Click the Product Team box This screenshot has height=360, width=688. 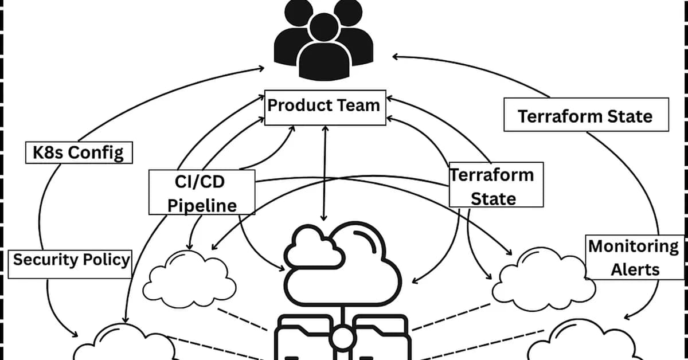tap(325, 107)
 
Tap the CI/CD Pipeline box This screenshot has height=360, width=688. tap(202, 193)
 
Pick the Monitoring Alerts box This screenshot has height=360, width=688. tap(635, 257)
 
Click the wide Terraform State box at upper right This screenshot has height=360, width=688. tap(585, 115)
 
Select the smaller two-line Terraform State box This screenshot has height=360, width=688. tap(495, 186)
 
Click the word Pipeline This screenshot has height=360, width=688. tap(202, 205)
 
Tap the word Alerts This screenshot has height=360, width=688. tap(635, 269)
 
